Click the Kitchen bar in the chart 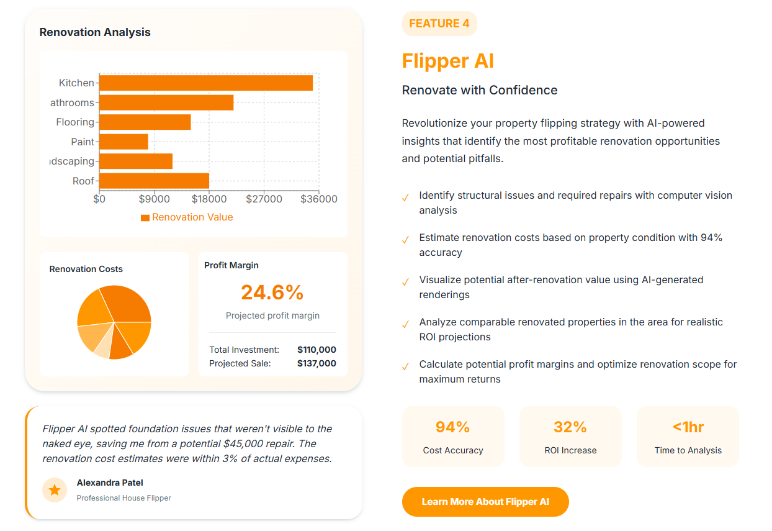[x=205, y=83]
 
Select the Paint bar [x=123, y=142]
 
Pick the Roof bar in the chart [x=154, y=181]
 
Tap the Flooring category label [x=75, y=122]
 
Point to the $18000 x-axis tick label [x=209, y=199]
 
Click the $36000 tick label [x=319, y=199]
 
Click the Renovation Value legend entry [x=187, y=217]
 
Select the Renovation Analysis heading [x=95, y=32]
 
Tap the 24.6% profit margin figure [x=272, y=292]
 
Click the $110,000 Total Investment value [x=316, y=350]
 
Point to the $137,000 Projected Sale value [x=316, y=363]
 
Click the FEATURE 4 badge [x=439, y=24]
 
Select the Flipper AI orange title [x=448, y=61]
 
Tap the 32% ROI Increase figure [x=570, y=427]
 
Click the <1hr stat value [x=688, y=427]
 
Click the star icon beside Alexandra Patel [x=55, y=490]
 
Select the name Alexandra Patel [x=110, y=483]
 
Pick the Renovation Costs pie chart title [x=86, y=269]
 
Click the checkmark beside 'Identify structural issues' [x=406, y=197]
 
